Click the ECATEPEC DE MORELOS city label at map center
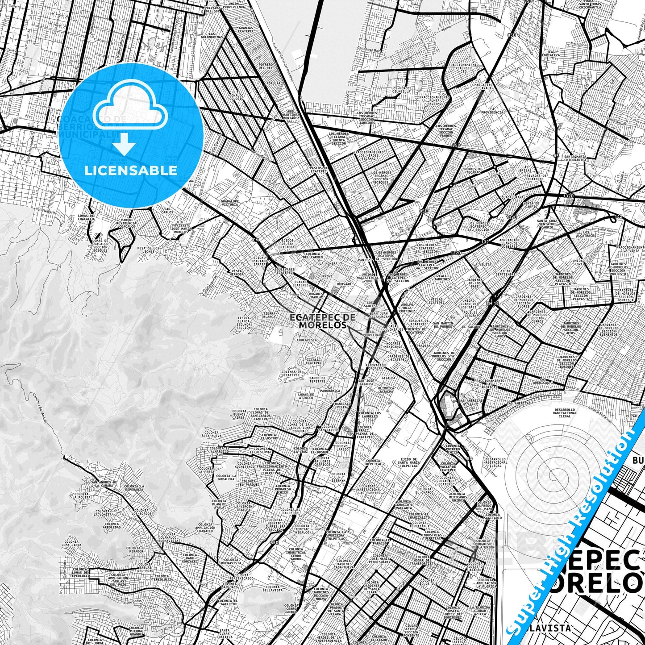point(323,321)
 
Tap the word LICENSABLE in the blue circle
point(131,170)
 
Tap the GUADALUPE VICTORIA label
point(229,203)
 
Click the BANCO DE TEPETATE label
point(317,379)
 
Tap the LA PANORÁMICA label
point(330,390)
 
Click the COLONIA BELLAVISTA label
point(272,588)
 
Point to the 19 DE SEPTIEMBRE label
point(508,273)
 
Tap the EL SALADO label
point(471,327)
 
